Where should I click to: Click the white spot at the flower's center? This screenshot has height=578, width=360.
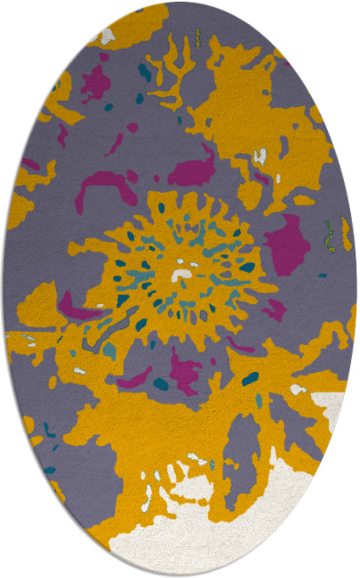point(182,274)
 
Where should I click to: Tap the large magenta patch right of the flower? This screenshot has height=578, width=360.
point(286,244)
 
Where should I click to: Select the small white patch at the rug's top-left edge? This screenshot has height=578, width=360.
point(107,36)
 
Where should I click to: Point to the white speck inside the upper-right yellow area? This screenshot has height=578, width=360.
point(260,157)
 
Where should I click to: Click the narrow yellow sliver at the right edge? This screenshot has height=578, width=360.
point(345,234)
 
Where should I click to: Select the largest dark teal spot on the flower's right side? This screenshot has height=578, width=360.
point(246,266)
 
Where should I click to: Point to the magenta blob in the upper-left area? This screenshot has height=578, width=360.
point(96,83)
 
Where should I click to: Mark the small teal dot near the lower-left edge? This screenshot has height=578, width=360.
point(50,470)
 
